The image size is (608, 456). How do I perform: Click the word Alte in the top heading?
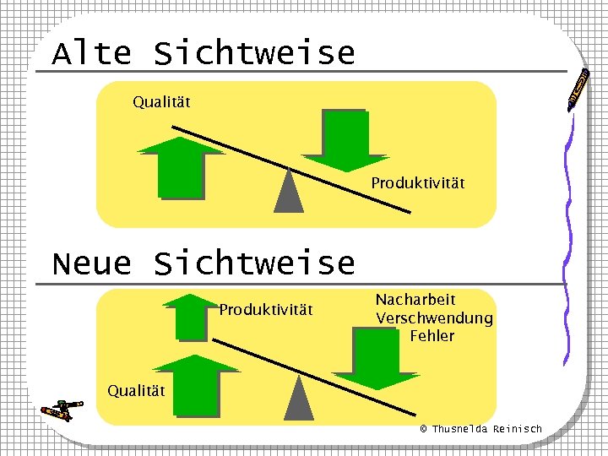coord(92,53)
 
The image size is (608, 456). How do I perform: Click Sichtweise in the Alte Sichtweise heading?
coord(254,53)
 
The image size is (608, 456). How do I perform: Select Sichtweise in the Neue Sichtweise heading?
coord(254,263)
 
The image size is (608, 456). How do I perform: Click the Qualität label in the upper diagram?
coord(161,102)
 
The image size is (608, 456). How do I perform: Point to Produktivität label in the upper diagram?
coord(418,182)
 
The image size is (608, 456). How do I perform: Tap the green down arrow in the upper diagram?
coord(345,140)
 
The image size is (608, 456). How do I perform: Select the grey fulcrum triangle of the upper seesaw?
coord(289,192)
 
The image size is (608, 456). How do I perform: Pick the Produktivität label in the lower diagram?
coord(266,310)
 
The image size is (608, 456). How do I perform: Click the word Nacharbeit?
coord(415,300)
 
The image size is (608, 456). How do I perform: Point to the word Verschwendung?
coord(434,318)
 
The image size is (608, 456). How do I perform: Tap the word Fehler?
coord(432,336)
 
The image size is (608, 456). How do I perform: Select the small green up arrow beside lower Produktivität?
coord(192,316)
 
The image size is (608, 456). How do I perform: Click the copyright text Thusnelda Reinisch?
coord(481,429)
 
